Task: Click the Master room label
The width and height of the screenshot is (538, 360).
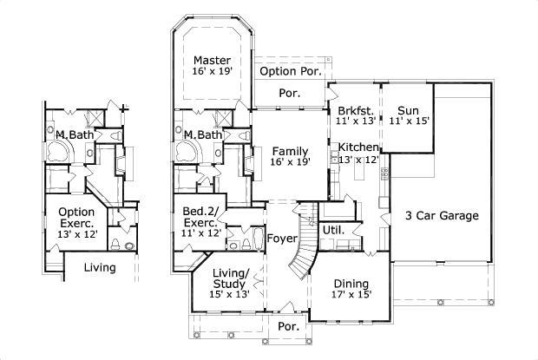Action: [211, 60]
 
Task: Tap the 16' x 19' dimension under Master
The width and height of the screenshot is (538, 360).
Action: [211, 73]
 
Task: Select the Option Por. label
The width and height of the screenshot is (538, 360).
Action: [291, 70]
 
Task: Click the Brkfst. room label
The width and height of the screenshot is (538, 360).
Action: [355, 111]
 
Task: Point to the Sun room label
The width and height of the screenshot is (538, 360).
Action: [408, 111]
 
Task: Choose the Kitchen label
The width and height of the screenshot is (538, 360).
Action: [358, 147]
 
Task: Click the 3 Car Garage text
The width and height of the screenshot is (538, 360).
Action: [442, 216]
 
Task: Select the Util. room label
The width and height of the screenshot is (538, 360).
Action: [334, 231]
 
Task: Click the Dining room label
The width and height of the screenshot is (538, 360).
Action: [351, 284]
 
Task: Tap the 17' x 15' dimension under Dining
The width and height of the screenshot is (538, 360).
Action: [351, 296]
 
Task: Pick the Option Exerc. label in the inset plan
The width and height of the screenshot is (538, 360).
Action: [75, 217]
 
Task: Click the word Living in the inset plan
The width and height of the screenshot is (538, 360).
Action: [100, 267]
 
